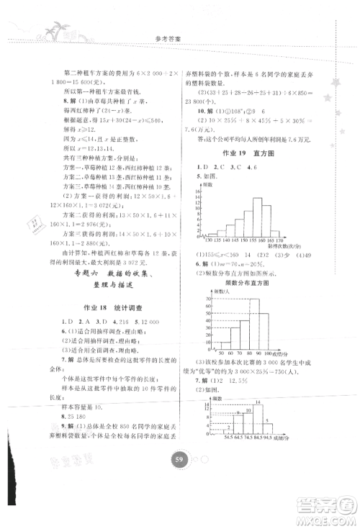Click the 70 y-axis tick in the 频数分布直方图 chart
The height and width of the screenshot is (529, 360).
tap(208, 299)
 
